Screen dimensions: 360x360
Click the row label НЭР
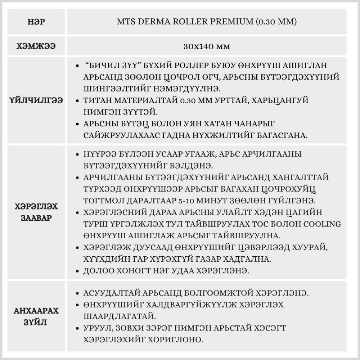[x=36, y=22]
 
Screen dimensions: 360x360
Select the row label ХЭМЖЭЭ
[x=36, y=46]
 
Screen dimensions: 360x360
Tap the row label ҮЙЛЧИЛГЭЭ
[x=36, y=100]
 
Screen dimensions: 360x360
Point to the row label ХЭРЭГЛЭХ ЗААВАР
[x=36, y=213]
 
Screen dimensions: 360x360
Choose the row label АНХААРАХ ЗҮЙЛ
[x=36, y=316]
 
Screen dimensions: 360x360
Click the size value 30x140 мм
[x=207, y=46]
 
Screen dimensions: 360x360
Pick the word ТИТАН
[x=96, y=100]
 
